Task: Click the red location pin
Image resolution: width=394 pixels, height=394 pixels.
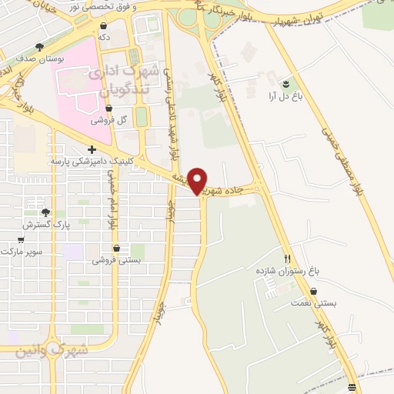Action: tap(198, 180)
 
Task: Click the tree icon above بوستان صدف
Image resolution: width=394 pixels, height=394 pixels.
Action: tap(39, 47)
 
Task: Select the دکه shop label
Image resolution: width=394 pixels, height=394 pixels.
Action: tap(102, 36)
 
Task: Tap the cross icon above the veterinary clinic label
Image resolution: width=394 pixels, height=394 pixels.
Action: tap(92, 149)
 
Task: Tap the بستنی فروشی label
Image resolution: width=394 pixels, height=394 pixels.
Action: tap(116, 260)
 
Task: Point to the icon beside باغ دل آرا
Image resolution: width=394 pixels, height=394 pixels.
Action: tap(286, 83)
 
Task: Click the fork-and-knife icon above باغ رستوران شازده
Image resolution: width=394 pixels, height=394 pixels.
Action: tap(288, 259)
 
